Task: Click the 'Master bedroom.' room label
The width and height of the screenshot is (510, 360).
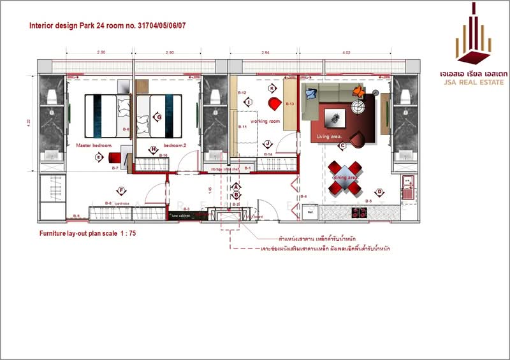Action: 94,145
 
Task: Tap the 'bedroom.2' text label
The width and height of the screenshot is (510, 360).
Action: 175,145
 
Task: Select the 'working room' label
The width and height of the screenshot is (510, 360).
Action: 265,121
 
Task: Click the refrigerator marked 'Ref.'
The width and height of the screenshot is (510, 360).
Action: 310,211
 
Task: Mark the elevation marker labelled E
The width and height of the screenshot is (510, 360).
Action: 99,157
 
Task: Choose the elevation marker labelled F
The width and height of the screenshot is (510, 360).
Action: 120,190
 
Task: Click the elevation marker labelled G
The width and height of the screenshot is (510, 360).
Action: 158,117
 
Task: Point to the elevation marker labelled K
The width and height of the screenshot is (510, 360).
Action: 272,89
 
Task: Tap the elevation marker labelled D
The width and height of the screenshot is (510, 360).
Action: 379,192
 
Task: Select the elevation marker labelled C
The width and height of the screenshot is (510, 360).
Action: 342,146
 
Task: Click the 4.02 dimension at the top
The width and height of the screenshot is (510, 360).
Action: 347,52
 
